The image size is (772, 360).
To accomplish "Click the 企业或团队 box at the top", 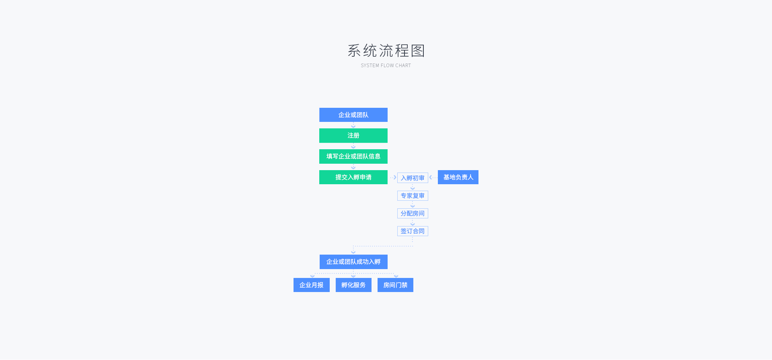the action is (353, 115).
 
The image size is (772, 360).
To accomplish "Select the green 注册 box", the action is (353, 136).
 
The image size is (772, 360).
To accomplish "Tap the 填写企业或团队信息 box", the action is (353, 156).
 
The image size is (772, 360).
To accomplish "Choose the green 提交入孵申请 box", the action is (353, 177).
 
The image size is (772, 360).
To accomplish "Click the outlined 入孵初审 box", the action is (413, 178).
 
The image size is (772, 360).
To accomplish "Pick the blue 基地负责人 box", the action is (458, 177).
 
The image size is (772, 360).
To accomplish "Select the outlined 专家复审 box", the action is (413, 196).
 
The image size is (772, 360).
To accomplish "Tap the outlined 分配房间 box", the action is (413, 214).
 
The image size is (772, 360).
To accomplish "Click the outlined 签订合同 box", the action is (413, 231).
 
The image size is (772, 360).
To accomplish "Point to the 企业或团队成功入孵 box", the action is (353, 262).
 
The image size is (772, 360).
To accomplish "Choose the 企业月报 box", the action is (312, 285).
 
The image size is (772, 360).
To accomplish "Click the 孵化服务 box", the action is (353, 285).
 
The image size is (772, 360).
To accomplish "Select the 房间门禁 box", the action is (395, 285).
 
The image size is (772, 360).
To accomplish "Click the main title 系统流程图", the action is (386, 51).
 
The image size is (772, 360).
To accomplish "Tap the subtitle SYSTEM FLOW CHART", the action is (386, 66).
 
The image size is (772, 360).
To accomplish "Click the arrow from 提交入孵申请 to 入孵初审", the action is (393, 177).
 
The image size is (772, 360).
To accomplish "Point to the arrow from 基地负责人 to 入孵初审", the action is (433, 177).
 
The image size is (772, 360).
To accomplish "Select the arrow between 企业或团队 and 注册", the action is (353, 125).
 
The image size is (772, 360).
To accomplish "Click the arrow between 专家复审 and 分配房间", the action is (413, 205).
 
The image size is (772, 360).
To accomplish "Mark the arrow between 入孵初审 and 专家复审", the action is (413, 187).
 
